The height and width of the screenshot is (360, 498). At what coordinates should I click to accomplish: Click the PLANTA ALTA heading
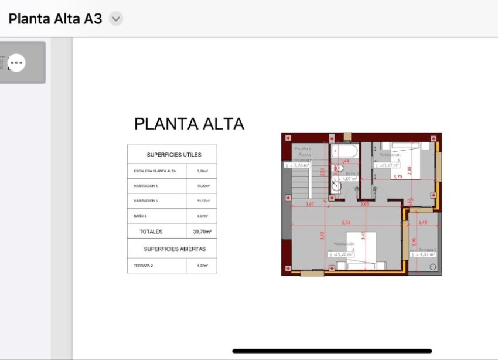pos(189,124)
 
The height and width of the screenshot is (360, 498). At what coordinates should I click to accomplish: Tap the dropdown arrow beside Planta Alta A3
pos(116,19)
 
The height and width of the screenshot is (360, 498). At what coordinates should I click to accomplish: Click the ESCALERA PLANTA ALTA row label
pos(155,171)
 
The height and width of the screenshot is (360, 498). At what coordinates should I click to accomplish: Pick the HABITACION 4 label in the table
pos(146,186)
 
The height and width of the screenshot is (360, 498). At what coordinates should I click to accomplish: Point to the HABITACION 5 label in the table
pos(146,201)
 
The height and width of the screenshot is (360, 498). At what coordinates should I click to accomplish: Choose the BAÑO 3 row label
pos(140,216)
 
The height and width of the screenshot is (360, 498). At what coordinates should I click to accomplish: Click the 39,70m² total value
pos(202,232)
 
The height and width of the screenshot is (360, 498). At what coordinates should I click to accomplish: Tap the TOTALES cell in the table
pos(151,232)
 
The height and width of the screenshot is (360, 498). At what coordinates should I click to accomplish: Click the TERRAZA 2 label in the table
pos(143,266)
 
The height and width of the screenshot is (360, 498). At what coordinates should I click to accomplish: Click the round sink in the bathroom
pos(336,187)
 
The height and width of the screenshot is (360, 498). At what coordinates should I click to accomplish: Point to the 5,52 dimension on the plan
pos(346,223)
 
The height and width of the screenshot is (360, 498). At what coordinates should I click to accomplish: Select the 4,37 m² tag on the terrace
pos(423,254)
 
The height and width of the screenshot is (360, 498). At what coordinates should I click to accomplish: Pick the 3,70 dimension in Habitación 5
pos(397,176)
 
